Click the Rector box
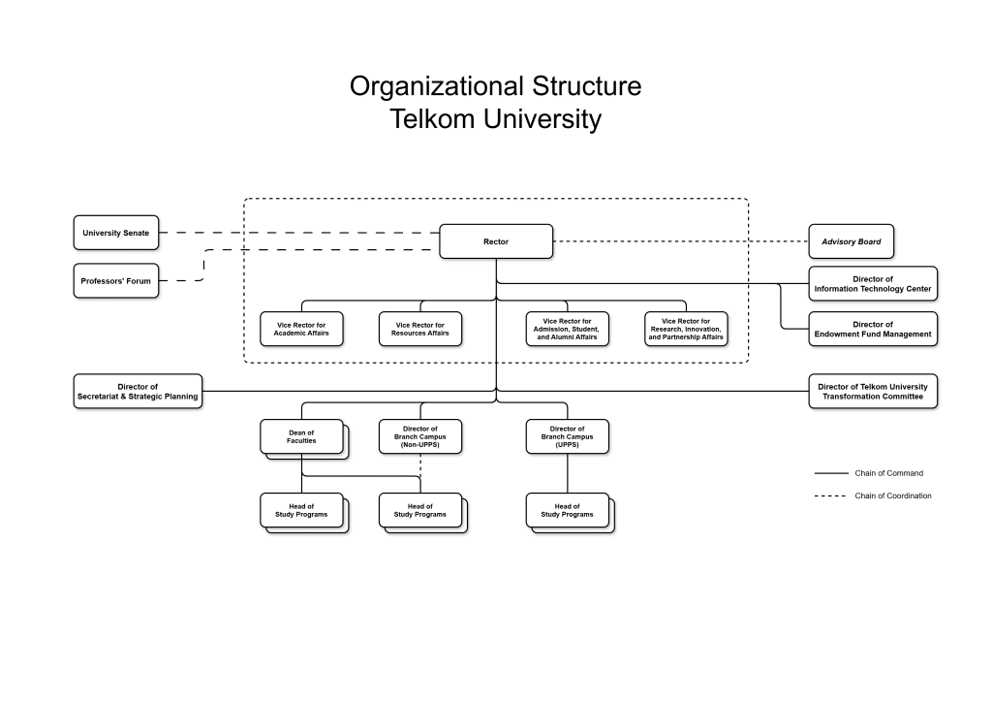[x=496, y=241]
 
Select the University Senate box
[x=115, y=233]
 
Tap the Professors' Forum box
[x=115, y=281]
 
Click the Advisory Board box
[x=851, y=241]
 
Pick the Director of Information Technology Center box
[x=873, y=284]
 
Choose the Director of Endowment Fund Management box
[x=873, y=330]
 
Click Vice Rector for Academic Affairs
[x=301, y=329]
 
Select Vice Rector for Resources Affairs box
[x=419, y=329]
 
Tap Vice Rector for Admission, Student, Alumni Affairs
[x=567, y=329]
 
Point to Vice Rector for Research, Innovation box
[x=685, y=329]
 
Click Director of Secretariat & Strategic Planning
[x=138, y=391]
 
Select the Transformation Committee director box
[x=873, y=391]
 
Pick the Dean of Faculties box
[x=301, y=436]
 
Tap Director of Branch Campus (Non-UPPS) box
[x=419, y=436]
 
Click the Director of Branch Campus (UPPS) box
[x=567, y=436]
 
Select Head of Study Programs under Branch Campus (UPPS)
[x=567, y=510]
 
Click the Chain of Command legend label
[x=888, y=473]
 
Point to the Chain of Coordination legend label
[x=892, y=495]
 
